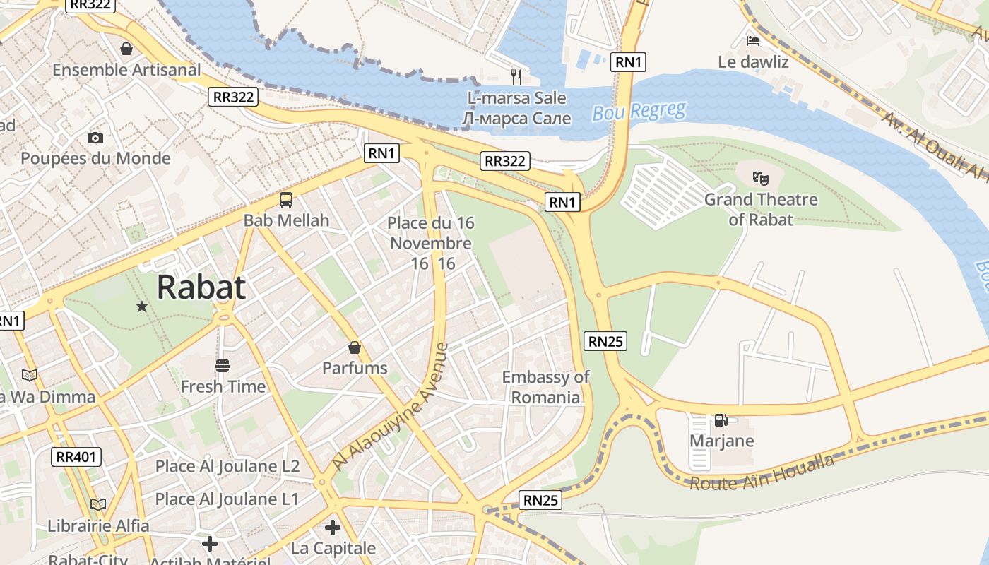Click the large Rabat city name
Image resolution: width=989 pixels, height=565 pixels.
[201, 287]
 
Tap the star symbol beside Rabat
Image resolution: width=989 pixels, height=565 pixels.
[142, 307]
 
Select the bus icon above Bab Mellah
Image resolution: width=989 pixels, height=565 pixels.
[286, 200]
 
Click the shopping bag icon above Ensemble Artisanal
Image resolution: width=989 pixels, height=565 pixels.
[126, 49]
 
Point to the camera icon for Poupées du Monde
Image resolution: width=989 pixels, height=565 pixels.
[95, 138]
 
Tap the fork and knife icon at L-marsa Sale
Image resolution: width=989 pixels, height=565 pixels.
[516, 76]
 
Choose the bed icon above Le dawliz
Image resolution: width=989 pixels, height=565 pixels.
[753, 40]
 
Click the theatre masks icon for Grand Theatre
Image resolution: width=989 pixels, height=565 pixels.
[760, 179]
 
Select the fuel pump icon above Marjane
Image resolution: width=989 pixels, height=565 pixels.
[721, 420]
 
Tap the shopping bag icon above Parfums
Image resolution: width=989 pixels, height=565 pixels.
[355, 347]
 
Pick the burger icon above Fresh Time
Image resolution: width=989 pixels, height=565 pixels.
[223, 365]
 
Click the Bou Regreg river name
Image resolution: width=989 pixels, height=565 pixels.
[639, 112]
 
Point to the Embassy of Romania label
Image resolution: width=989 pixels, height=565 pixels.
[545, 387]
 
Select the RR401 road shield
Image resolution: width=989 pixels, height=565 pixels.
[76, 457]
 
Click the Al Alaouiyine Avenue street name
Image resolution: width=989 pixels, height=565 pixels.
[391, 408]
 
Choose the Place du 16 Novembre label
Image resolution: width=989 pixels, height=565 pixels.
[430, 243]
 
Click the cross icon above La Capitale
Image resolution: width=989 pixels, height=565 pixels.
[333, 528]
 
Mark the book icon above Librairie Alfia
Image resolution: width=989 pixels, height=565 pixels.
[98, 504]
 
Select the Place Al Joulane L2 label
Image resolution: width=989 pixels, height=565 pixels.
[227, 466]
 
